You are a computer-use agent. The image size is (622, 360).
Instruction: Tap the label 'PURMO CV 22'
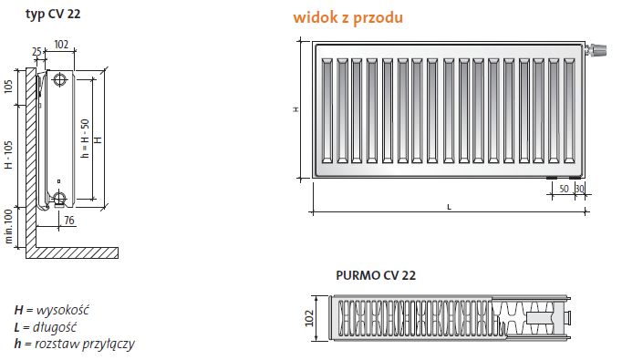(x=376, y=274)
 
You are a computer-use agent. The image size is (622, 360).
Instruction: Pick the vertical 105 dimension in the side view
(x=9, y=87)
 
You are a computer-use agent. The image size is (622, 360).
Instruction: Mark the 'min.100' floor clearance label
(x=9, y=227)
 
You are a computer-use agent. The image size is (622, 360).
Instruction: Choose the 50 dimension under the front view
(x=563, y=188)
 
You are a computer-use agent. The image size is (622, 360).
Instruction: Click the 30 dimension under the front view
(x=578, y=188)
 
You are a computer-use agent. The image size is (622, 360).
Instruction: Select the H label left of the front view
(x=295, y=108)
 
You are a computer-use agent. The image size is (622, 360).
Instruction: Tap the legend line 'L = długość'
(x=51, y=325)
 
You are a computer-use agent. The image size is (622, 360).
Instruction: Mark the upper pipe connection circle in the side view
(x=60, y=80)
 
